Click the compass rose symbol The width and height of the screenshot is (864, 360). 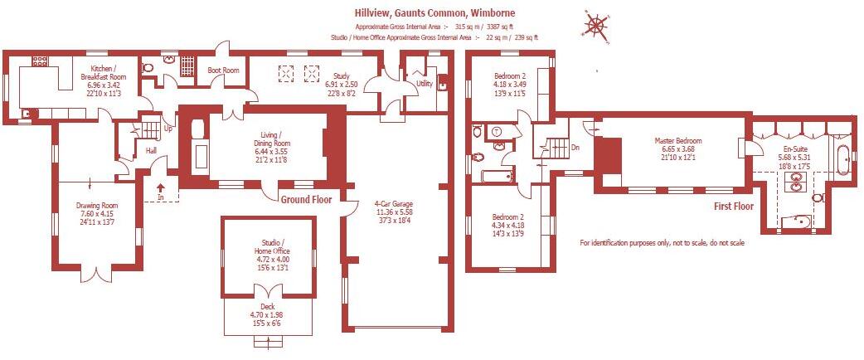click(x=595, y=24)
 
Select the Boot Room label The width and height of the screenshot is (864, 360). click(x=223, y=71)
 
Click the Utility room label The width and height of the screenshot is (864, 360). click(x=425, y=84)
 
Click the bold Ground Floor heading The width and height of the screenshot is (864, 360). click(x=305, y=200)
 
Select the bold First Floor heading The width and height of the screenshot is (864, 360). click(x=732, y=206)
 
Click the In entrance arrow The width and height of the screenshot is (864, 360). click(x=161, y=193)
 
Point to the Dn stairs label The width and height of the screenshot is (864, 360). click(x=575, y=148)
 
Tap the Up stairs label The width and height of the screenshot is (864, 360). click(x=168, y=129)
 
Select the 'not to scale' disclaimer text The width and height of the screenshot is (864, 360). click(x=662, y=243)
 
